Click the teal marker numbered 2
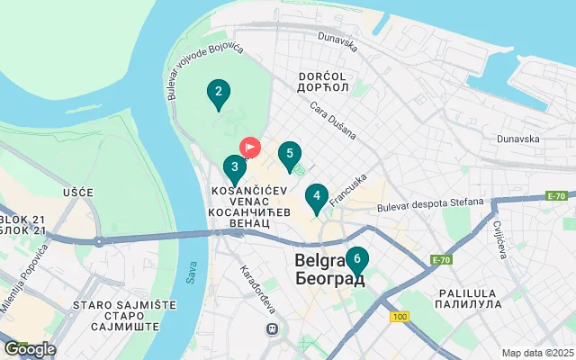(217, 92)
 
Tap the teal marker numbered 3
(234, 167)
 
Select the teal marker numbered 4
(316, 196)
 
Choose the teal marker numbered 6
(357, 261)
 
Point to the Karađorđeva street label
(256, 289)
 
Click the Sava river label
(191, 274)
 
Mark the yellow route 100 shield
(400, 318)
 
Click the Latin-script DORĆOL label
(322, 76)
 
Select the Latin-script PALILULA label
(469, 293)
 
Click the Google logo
(30, 349)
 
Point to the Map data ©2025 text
(536, 353)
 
